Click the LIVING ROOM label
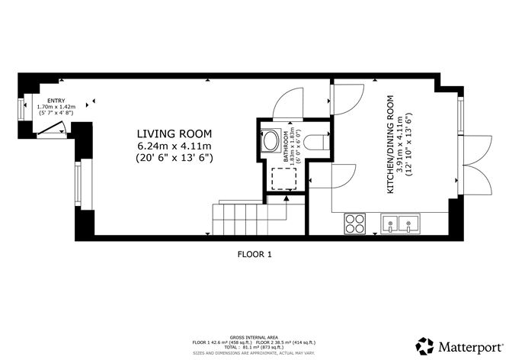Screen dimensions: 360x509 click(x=174, y=132)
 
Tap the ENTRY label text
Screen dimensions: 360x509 click(x=56, y=100)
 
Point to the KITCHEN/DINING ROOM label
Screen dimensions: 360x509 click(x=390, y=143)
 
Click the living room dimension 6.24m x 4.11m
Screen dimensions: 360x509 click(x=174, y=144)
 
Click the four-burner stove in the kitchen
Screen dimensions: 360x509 click(x=355, y=223)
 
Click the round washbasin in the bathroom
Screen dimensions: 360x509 click(x=271, y=141)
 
